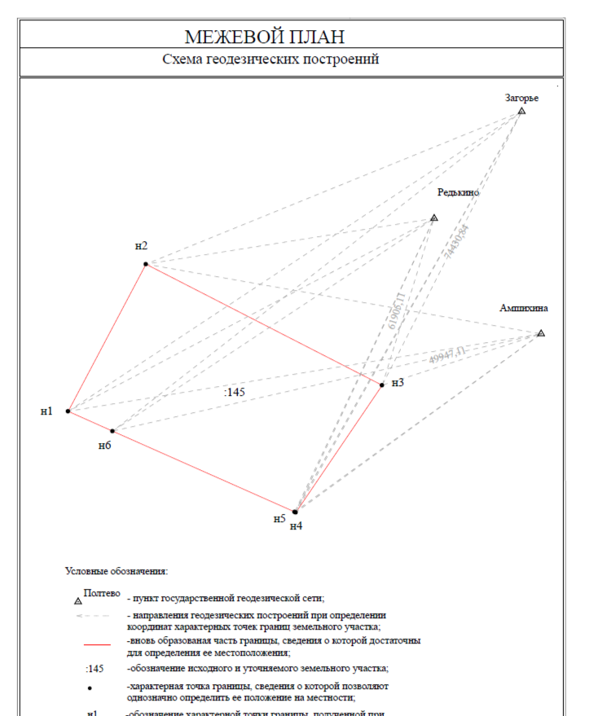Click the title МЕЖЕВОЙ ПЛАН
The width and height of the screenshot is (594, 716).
pyautogui.click(x=265, y=37)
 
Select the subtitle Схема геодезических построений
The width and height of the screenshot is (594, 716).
pyautogui.click(x=271, y=60)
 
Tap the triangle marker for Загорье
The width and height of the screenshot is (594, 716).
pyautogui.click(x=521, y=111)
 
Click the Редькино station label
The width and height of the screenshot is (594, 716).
pyautogui.click(x=458, y=193)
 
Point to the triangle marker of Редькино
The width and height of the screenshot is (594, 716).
pyautogui.click(x=433, y=218)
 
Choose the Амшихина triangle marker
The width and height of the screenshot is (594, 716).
pyautogui.click(x=540, y=334)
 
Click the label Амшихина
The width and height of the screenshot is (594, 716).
pyautogui.click(x=524, y=309)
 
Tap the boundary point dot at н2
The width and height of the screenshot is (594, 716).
pyautogui.click(x=145, y=264)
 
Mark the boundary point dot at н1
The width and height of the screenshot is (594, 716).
pyautogui.click(x=68, y=411)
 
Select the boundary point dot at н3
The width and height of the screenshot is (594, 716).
pyautogui.click(x=381, y=384)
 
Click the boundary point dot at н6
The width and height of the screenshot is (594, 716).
pyautogui.click(x=112, y=431)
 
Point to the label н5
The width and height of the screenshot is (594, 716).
pyautogui.click(x=279, y=518)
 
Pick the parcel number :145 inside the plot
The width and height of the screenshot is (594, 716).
pyautogui.click(x=235, y=393)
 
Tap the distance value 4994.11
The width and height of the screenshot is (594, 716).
pyautogui.click(x=447, y=355)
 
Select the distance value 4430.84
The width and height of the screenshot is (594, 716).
pyautogui.click(x=457, y=240)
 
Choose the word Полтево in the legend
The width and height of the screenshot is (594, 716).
pyautogui.click(x=102, y=593)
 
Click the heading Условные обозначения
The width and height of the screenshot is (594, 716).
pyautogui.click(x=117, y=572)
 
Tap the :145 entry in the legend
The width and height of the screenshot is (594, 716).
pyautogui.click(x=95, y=669)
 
